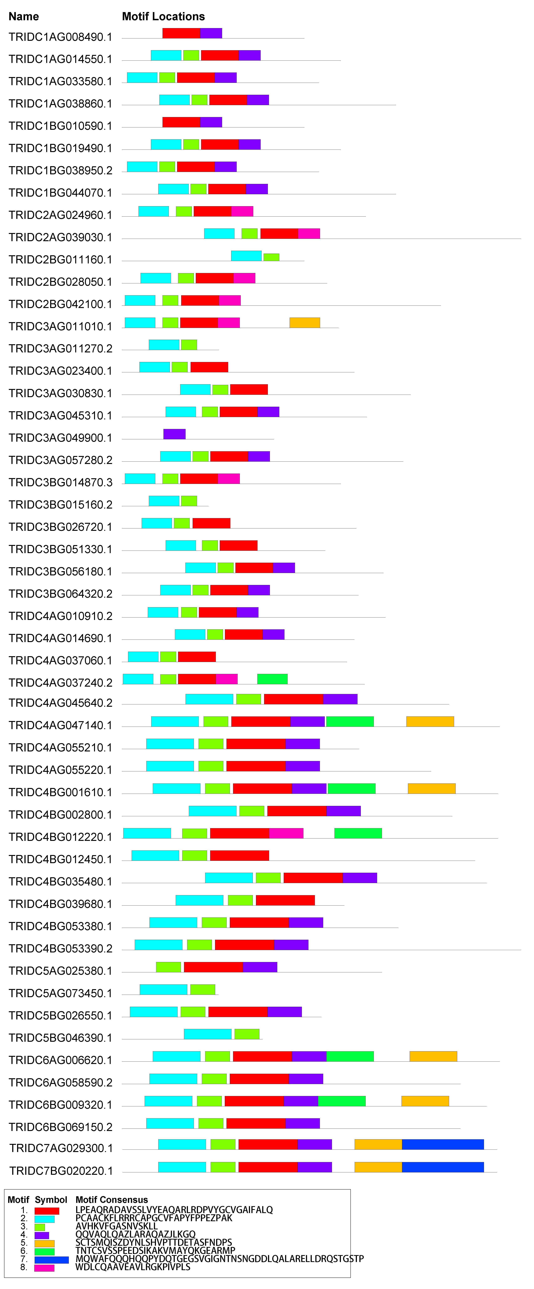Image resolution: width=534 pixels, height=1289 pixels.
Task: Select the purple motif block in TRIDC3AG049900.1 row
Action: [x=174, y=434]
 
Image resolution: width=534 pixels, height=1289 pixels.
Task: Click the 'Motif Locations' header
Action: [x=163, y=16]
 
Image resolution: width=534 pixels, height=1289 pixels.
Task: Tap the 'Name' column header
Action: [x=24, y=16]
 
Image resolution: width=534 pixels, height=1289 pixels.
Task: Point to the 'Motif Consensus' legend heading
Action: [x=111, y=1199]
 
